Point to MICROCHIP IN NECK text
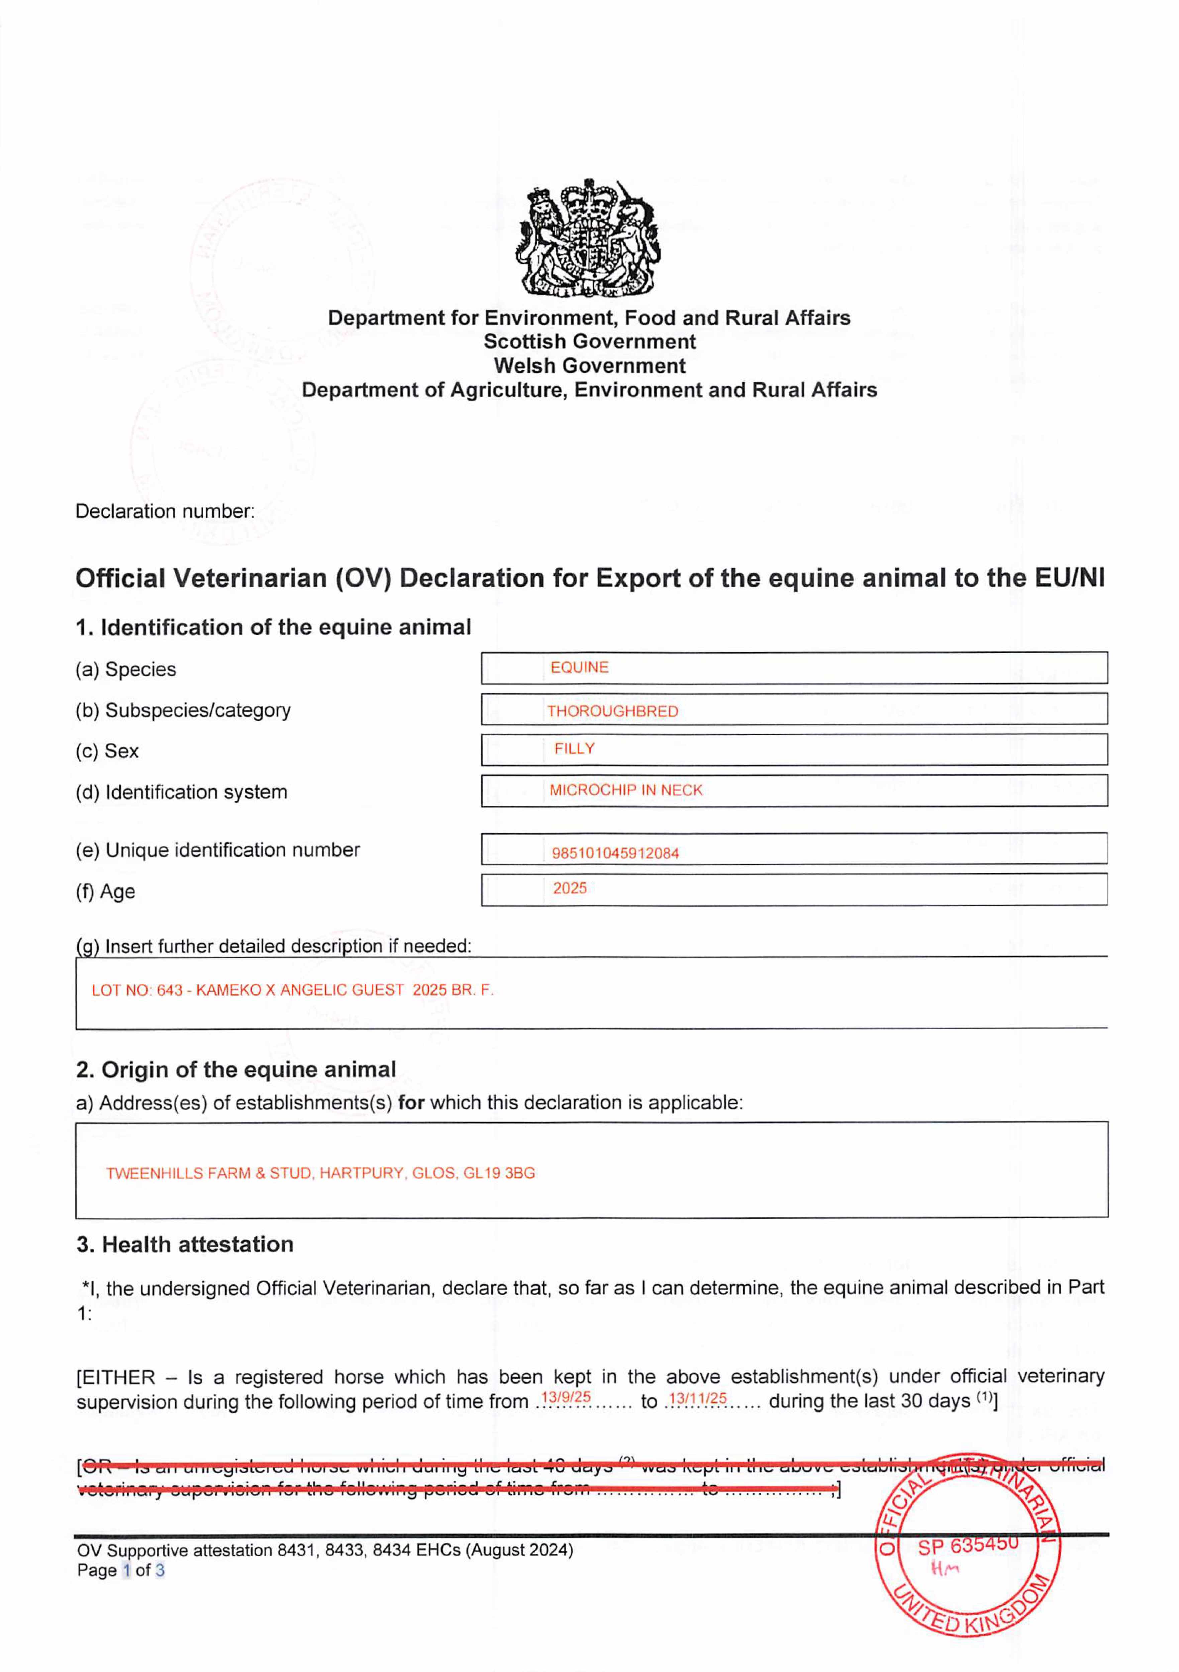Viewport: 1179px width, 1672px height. pos(625,790)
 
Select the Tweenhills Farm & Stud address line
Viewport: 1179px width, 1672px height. pos(320,1173)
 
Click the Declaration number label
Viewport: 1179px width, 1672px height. pos(165,511)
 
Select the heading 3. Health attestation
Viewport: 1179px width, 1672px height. pos(185,1245)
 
